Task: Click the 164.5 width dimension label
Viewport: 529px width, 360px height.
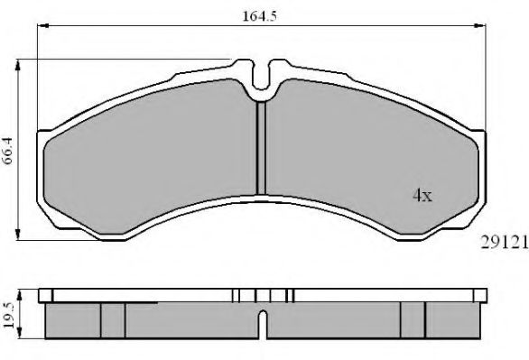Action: pos(259,16)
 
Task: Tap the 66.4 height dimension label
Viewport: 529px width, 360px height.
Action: pos(7,151)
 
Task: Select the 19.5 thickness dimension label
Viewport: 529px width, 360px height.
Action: pos(8,315)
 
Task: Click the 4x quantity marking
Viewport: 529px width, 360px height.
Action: pos(422,195)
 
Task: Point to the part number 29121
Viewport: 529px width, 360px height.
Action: pos(504,243)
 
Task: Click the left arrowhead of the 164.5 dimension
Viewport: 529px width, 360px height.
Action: pos(43,25)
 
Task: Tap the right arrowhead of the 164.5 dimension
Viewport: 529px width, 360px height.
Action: pos(479,25)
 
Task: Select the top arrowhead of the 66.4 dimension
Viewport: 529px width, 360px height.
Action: pos(18,65)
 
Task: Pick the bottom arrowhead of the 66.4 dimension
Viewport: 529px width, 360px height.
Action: pos(18,235)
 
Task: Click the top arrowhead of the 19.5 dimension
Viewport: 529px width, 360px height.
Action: pos(20,295)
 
